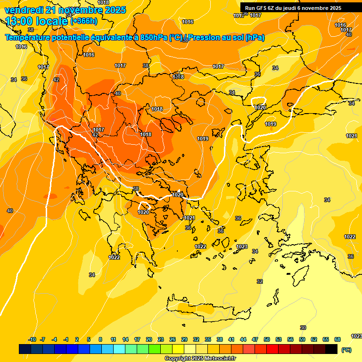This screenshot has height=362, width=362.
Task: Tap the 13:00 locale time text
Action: [36, 21]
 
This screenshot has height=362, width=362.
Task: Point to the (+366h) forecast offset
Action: [84, 21]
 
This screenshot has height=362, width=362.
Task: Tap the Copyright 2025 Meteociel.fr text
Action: [200, 359]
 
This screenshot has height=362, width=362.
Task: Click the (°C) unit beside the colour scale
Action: [346, 350]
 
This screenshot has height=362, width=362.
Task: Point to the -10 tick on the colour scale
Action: [32, 340]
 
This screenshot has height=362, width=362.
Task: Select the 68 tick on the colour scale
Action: [337, 340]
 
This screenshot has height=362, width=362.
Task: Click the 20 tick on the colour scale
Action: [149, 340]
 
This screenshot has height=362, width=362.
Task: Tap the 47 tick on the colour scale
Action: [255, 340]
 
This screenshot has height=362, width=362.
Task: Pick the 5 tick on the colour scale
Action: [89, 340]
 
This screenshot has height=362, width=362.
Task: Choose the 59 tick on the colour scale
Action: [302, 340]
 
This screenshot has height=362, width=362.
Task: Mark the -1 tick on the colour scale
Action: [66, 340]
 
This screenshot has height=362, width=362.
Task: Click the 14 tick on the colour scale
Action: [125, 340]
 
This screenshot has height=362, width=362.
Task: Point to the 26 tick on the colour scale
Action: [173, 340]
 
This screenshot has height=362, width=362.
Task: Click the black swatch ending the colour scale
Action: [331, 349]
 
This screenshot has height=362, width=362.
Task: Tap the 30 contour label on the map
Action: [303, 328]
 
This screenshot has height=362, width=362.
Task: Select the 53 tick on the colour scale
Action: [279, 340]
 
